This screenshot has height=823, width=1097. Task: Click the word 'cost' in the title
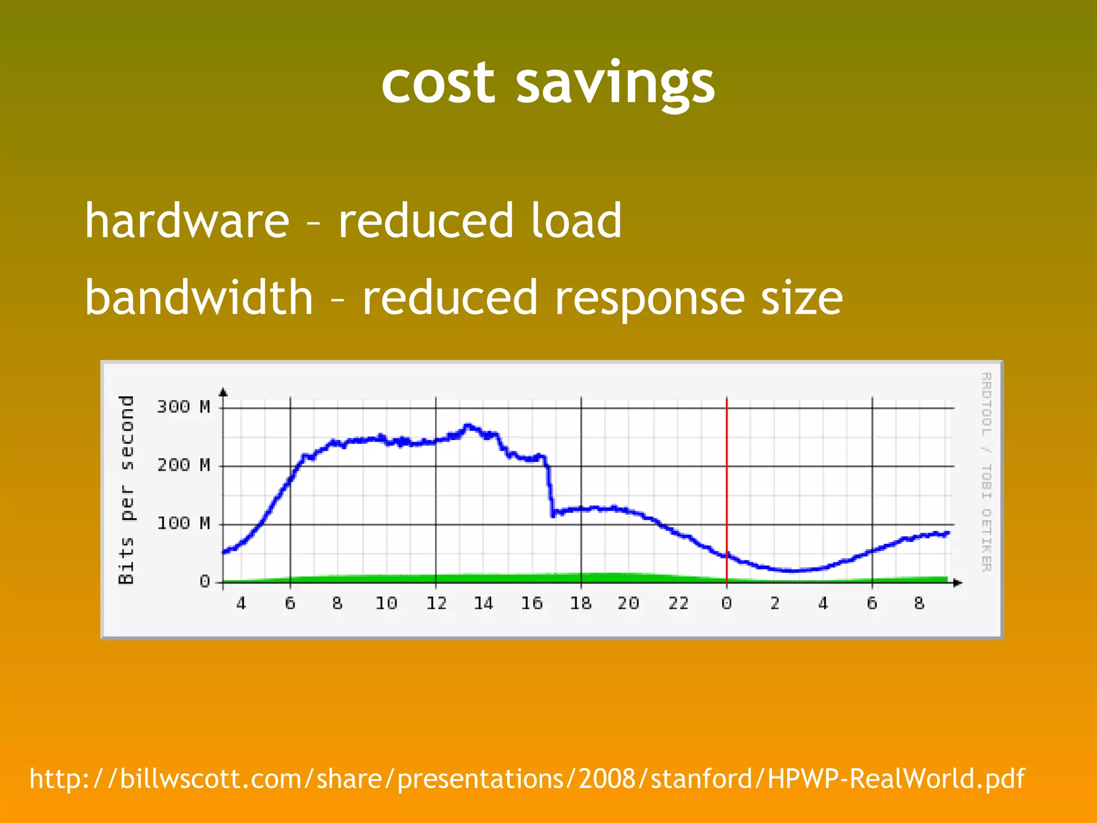click(x=438, y=83)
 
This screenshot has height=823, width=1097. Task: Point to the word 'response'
click(x=649, y=299)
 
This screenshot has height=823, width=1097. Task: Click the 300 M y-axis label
click(x=183, y=407)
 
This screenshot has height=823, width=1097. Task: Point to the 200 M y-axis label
click(x=183, y=465)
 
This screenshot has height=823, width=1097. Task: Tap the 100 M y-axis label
click(x=183, y=523)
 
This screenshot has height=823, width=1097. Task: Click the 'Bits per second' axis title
click(x=126, y=489)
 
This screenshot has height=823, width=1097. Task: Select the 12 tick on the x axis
click(x=436, y=603)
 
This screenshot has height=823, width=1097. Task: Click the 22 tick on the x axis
click(x=678, y=603)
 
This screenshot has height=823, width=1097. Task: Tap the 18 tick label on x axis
click(x=581, y=603)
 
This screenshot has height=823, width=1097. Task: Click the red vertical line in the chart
click(x=726, y=482)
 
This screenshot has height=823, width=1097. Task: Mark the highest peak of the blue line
click(x=468, y=426)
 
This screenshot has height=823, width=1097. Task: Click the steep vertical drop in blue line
click(x=550, y=488)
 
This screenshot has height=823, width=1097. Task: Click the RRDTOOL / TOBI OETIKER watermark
click(x=986, y=472)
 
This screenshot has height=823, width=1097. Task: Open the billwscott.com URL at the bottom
click(x=527, y=779)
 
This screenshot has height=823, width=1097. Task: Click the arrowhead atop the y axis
click(x=223, y=392)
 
